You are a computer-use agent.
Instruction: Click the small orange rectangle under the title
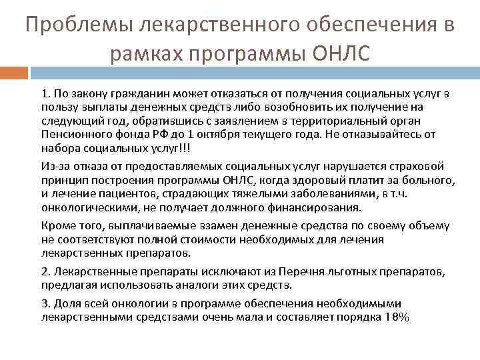click(x=14, y=71)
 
